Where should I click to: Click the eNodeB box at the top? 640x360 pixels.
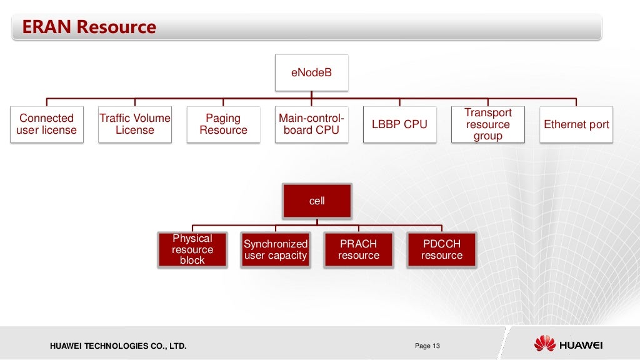point(311,73)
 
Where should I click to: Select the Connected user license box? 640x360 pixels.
point(46,124)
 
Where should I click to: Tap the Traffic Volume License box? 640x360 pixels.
point(134,124)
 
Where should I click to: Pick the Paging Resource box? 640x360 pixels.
point(223,124)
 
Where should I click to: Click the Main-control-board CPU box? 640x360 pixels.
point(311,124)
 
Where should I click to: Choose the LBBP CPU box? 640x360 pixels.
point(399,124)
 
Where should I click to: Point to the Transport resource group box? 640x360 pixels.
point(488,124)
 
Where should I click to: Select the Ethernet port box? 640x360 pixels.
point(576,124)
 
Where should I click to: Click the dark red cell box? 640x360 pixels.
point(317,201)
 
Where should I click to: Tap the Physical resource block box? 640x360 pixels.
point(192,249)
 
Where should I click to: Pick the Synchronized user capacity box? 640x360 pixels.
point(276,249)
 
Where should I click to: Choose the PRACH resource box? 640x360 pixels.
point(359,249)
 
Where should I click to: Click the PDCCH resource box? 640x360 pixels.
point(441,249)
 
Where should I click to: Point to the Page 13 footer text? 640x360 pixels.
point(427,346)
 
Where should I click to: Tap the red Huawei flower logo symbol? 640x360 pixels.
point(544,343)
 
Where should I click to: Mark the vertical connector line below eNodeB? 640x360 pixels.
point(311,94)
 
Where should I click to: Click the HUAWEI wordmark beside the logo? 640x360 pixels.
point(581,344)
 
